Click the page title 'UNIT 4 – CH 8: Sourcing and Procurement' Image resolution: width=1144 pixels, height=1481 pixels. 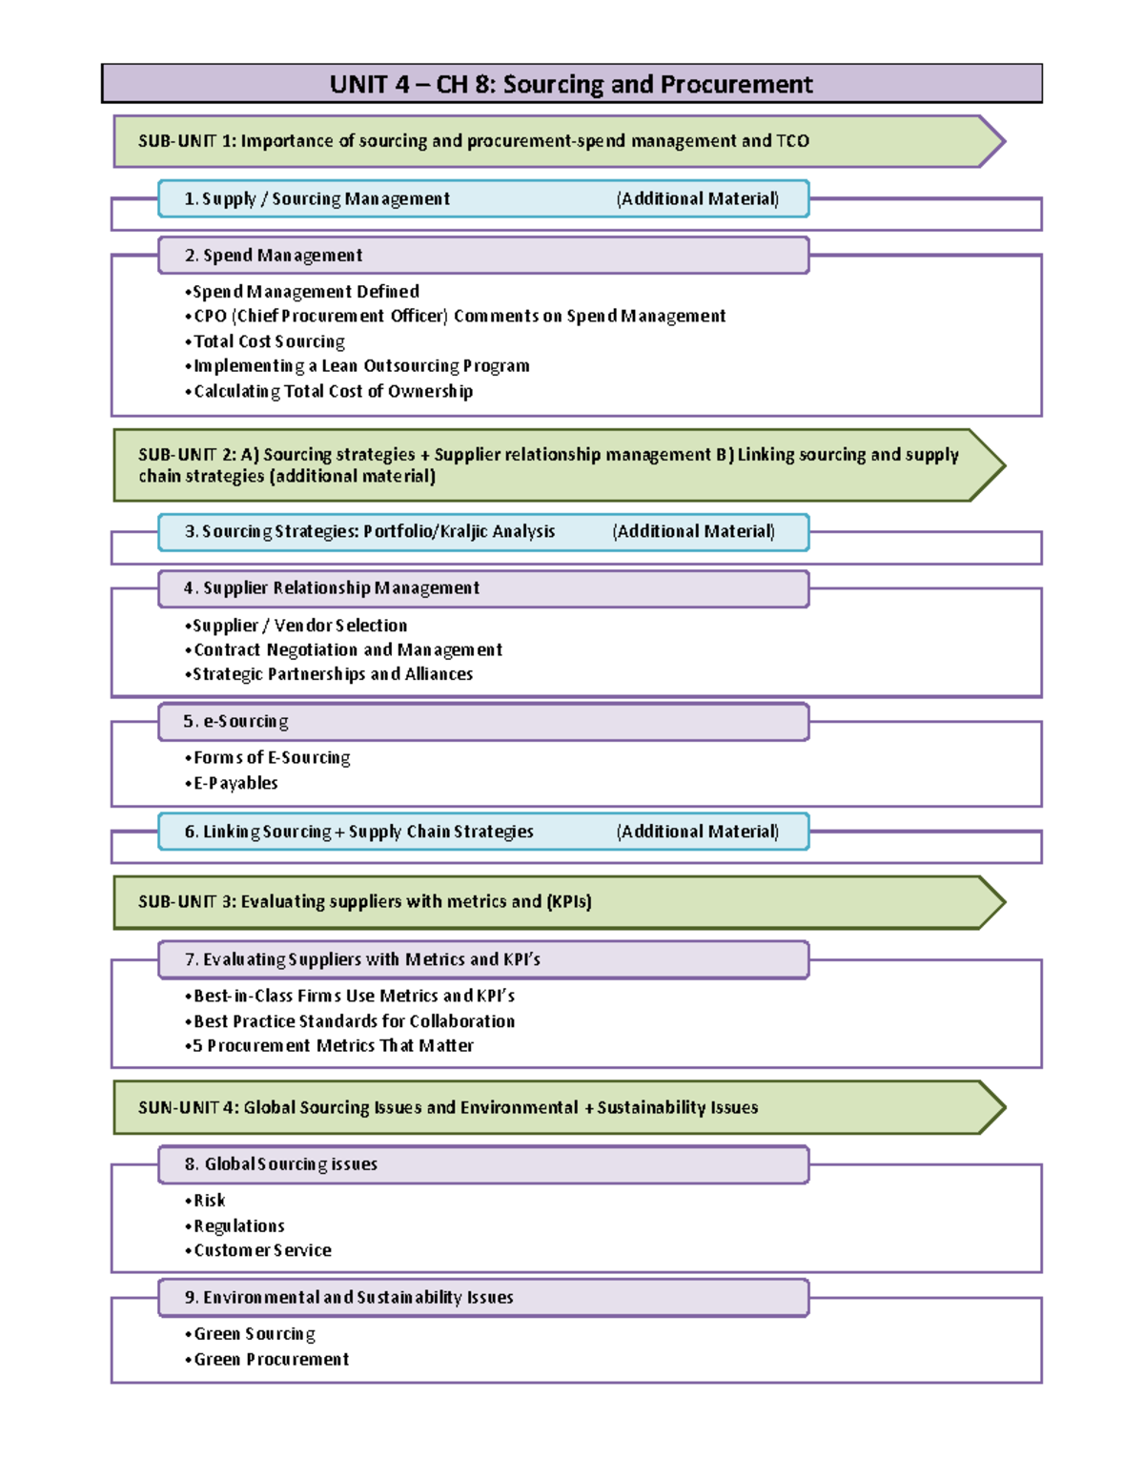point(571,84)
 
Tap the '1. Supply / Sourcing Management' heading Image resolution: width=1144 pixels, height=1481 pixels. point(317,198)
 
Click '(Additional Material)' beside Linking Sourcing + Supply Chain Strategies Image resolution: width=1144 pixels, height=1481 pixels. point(697,832)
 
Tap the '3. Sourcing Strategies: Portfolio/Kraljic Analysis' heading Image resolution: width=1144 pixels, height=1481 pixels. point(369,531)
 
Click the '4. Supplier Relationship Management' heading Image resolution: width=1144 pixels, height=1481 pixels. point(332,588)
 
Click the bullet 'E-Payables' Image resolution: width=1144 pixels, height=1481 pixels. point(235,783)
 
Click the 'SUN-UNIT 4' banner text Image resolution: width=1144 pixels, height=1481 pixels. point(448,1107)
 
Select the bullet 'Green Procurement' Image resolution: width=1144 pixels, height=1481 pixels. point(271,1359)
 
